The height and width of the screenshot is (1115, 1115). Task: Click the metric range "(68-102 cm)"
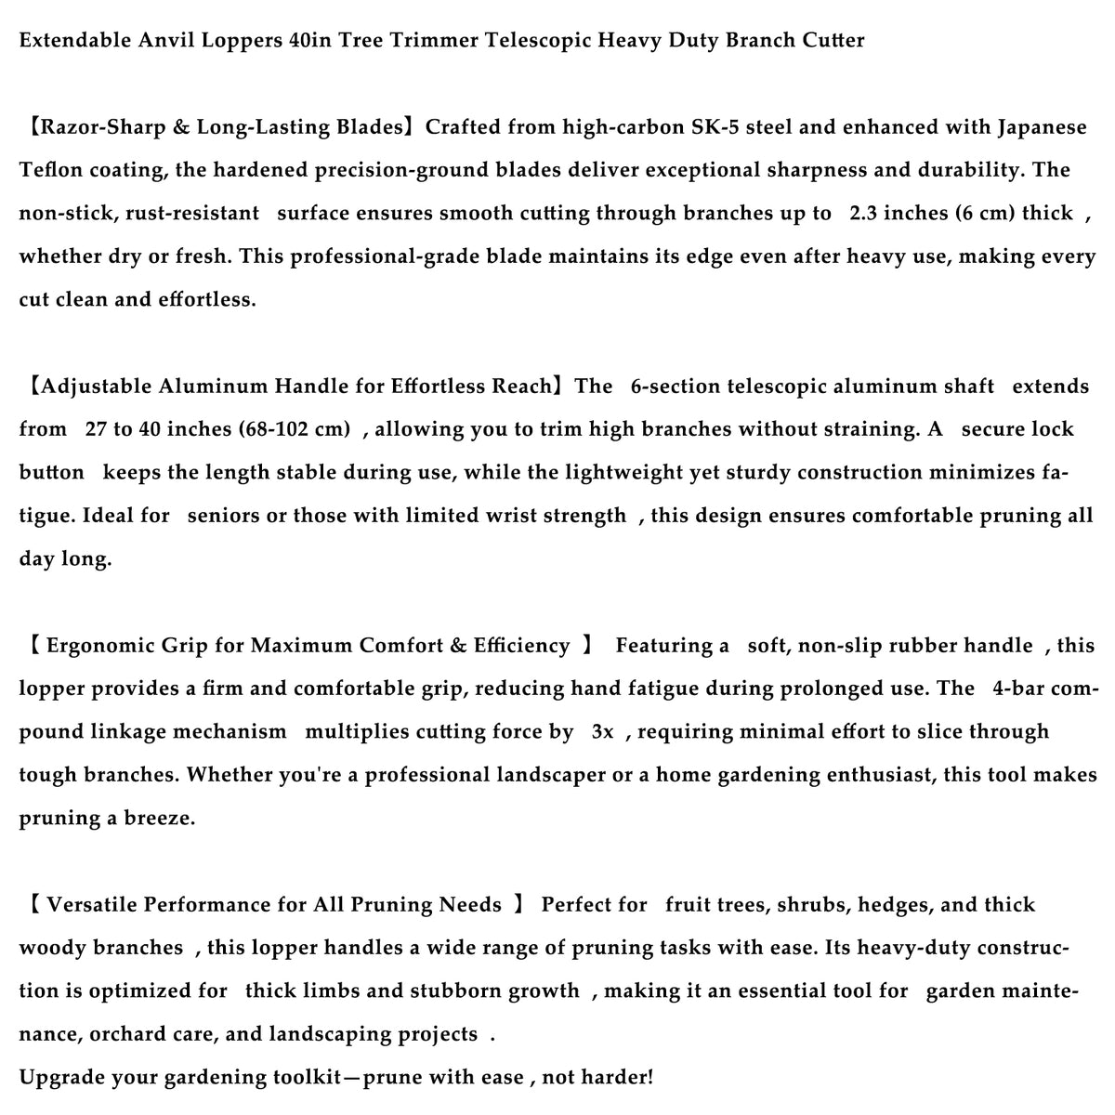click(x=295, y=429)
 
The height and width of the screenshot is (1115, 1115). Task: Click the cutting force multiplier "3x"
click(x=603, y=732)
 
